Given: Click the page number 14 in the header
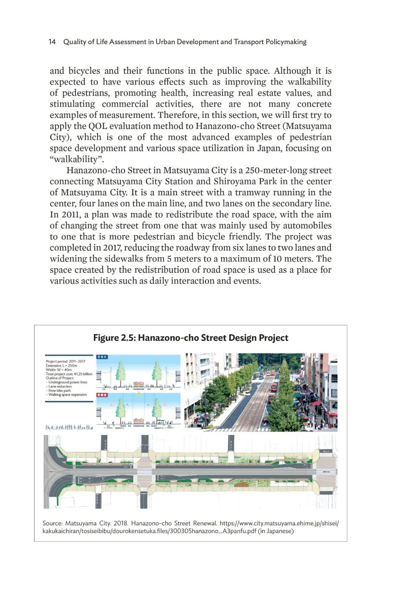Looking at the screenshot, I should click(52, 42).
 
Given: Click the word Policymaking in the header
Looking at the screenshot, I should click(286, 42).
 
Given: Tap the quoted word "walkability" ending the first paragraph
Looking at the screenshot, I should click(77, 159).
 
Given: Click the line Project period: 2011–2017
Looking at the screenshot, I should click(66, 362).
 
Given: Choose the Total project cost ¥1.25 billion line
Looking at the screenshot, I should click(69, 374).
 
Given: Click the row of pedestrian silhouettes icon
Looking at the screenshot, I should click(69, 427).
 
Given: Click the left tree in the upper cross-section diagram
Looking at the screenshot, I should click(121, 371).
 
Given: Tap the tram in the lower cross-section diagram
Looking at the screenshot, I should click(139, 420).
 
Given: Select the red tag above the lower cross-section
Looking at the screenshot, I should click(102, 395).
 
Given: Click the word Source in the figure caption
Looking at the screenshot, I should click(52, 523).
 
